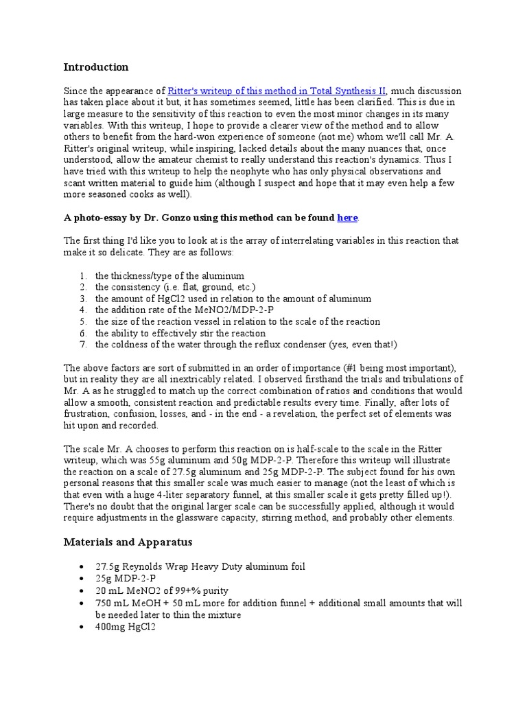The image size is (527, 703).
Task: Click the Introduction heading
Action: (x=96, y=67)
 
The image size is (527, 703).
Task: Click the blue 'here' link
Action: (x=347, y=218)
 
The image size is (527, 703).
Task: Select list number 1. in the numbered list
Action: (x=82, y=276)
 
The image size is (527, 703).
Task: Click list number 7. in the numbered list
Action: (x=82, y=345)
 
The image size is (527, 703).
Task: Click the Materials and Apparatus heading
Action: (x=128, y=542)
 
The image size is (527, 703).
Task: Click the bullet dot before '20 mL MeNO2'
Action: (x=82, y=591)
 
